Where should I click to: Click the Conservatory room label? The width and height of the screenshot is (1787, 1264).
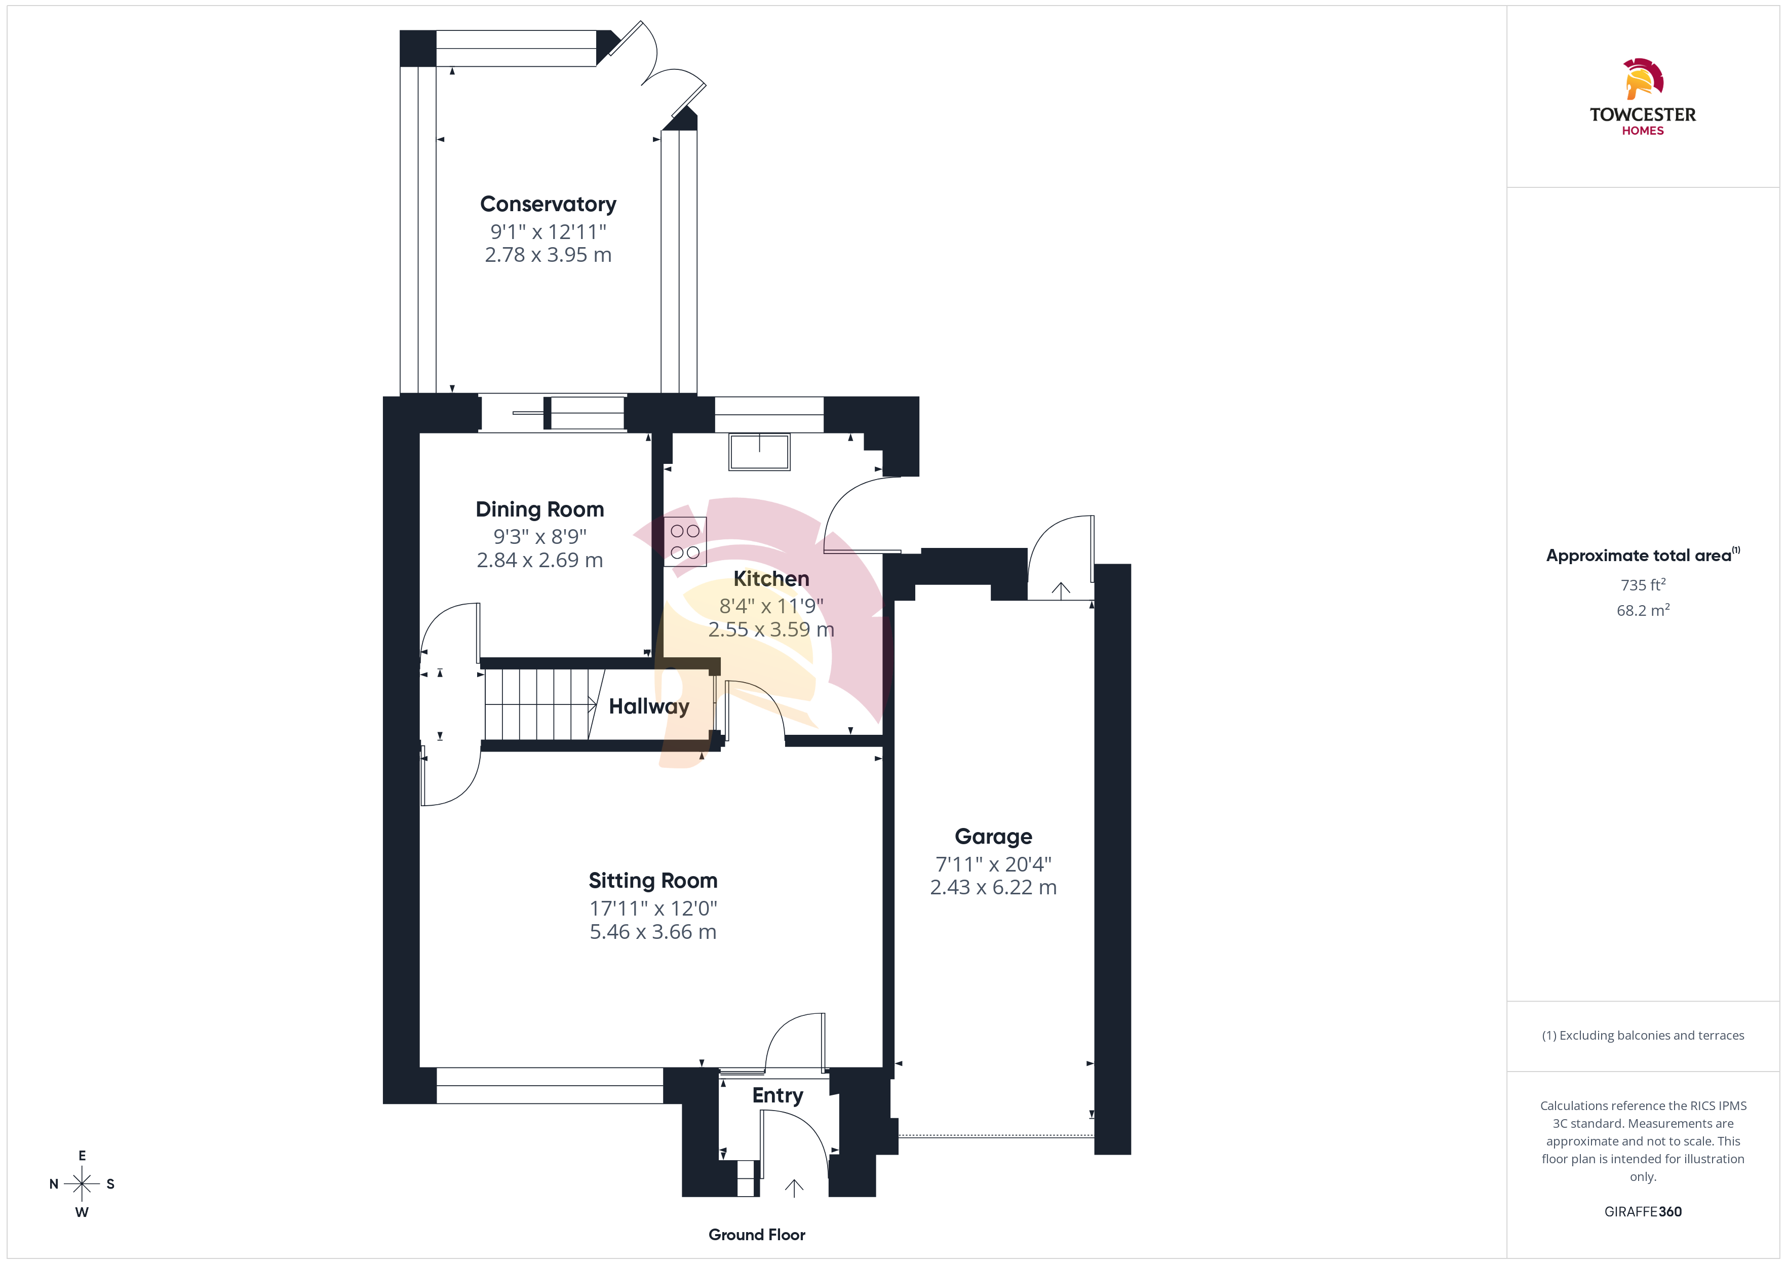tap(548, 204)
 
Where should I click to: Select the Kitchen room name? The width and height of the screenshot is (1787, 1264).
tap(771, 578)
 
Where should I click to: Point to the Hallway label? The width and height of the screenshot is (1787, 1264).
tap(649, 707)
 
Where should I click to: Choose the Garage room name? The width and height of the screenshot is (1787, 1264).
tap(993, 837)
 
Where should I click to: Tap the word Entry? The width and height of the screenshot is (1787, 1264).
tap(778, 1096)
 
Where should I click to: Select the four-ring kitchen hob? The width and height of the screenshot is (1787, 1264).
tap(685, 542)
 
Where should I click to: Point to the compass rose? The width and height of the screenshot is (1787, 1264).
tap(82, 1184)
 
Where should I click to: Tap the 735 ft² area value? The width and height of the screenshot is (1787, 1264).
tap(1643, 584)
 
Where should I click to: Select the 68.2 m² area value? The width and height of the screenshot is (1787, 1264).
tap(1643, 610)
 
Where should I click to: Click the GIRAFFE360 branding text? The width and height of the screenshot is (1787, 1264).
tap(1643, 1212)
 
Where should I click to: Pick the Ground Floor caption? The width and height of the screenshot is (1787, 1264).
tap(757, 1235)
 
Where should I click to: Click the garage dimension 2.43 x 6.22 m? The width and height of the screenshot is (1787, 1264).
tap(993, 887)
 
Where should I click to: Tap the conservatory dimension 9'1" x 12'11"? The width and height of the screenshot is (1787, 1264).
tap(548, 232)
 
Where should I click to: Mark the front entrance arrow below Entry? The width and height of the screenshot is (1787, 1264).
tap(794, 1188)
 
